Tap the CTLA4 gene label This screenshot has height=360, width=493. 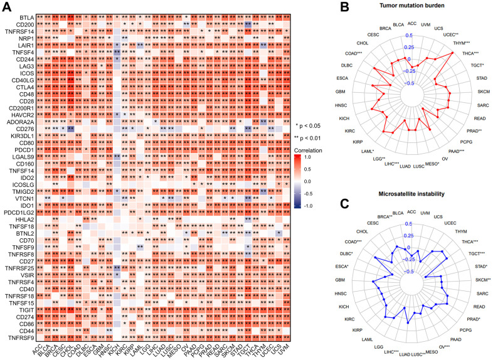coord(24,87)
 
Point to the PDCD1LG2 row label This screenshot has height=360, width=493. coord(20,214)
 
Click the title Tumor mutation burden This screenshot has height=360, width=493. coord(410,6)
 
